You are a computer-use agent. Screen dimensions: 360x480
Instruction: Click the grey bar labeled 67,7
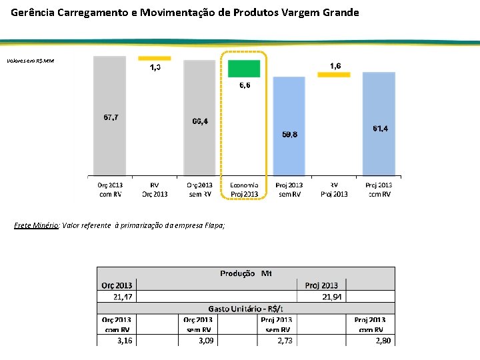click(x=109, y=117)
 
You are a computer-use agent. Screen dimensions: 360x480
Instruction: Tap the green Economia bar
click(x=244, y=69)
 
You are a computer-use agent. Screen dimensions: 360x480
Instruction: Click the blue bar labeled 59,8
click(x=289, y=126)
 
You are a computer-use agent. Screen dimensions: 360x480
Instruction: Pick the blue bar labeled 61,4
click(x=379, y=123)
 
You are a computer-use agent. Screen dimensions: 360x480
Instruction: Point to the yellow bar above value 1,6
click(x=334, y=75)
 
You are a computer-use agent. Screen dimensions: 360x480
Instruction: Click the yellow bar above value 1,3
click(x=155, y=59)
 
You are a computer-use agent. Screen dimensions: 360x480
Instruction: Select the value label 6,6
click(x=245, y=85)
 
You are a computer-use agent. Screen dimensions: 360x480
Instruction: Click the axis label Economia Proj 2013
click(x=245, y=189)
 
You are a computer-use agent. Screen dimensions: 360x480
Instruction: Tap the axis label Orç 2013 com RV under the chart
click(x=110, y=189)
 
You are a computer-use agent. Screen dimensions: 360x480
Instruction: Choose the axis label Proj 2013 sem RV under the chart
click(x=289, y=189)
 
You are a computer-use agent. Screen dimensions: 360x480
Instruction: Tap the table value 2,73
click(x=283, y=340)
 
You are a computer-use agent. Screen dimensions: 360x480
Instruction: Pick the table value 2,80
click(x=383, y=340)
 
